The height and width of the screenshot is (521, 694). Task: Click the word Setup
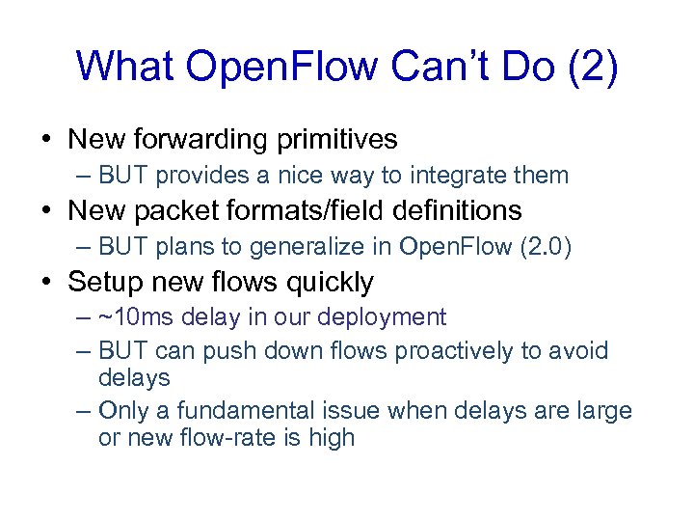point(105,282)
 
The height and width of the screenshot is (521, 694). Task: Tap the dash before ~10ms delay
point(83,317)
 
